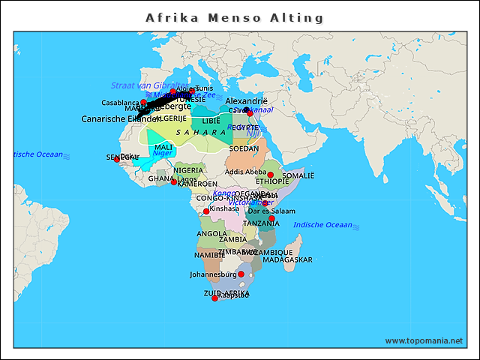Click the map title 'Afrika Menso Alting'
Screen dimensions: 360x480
(x=235, y=17)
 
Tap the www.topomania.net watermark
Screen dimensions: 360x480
(x=424, y=340)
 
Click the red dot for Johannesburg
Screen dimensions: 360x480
(x=241, y=274)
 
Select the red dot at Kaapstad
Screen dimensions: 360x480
(x=215, y=298)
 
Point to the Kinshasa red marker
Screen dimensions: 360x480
(x=206, y=211)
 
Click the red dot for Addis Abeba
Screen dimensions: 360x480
(x=271, y=175)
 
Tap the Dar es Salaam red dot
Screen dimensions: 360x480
(x=271, y=218)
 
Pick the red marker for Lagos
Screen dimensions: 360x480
(x=174, y=182)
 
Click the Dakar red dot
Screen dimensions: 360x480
(x=116, y=159)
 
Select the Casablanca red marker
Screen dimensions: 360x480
(x=144, y=102)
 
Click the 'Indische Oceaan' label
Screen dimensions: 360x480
(x=322, y=225)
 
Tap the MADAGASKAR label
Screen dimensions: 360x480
(x=287, y=259)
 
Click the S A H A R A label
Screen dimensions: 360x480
(x=201, y=132)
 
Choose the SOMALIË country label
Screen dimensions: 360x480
(x=298, y=175)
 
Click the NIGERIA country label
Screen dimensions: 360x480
(x=188, y=170)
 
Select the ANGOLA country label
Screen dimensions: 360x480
(x=211, y=233)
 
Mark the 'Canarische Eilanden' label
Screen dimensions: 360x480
(x=120, y=118)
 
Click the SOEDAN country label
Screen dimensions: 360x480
(x=244, y=148)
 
